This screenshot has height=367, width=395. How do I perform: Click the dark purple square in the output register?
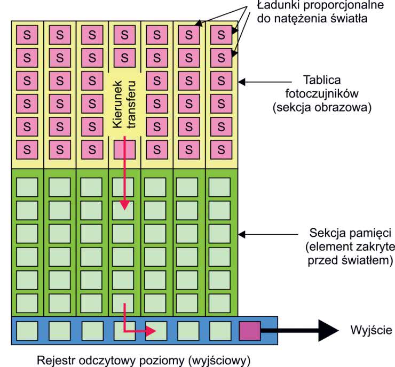point(249,331)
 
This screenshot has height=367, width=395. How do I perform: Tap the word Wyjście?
point(371,330)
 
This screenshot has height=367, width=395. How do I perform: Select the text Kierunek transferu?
point(124,105)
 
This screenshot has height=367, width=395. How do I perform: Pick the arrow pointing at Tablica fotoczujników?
point(264,82)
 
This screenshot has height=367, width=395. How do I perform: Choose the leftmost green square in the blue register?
point(27,331)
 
